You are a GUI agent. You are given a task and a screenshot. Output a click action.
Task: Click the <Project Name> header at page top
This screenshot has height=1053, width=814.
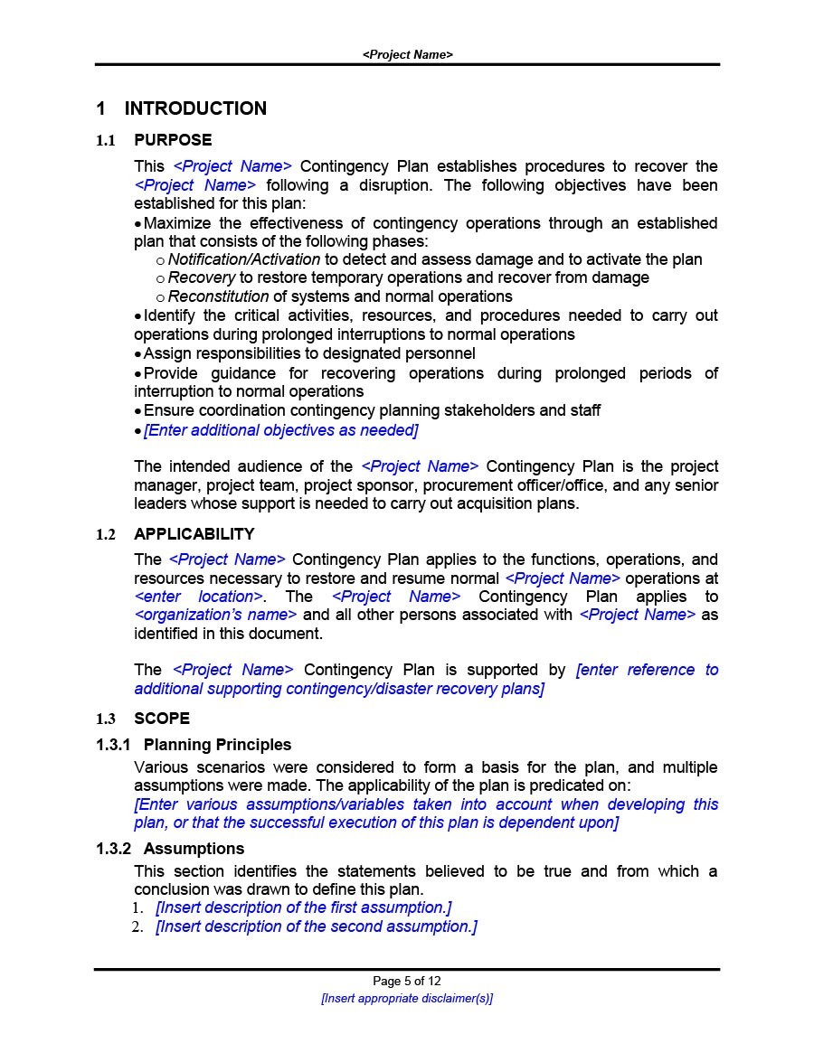click(407, 54)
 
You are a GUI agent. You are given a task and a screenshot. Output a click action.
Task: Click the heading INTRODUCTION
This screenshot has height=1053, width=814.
click(194, 108)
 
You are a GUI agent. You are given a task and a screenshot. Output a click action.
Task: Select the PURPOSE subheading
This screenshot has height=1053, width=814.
click(173, 140)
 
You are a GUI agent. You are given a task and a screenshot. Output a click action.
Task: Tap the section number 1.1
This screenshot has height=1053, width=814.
click(107, 141)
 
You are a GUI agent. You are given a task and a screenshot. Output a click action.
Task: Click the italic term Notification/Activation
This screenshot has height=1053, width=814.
click(243, 259)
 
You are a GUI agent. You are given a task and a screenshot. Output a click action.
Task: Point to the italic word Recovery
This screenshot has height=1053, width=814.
click(201, 277)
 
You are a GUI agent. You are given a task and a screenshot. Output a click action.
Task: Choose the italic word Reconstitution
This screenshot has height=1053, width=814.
click(218, 296)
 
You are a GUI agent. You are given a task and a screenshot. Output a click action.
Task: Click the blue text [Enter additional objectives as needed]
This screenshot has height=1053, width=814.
click(280, 430)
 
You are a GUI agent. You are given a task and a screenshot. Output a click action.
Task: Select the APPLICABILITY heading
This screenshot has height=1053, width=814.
click(194, 534)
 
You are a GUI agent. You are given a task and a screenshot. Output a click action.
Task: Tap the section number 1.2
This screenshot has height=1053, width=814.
click(107, 535)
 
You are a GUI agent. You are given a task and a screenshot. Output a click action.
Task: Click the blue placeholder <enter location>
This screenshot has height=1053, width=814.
click(198, 597)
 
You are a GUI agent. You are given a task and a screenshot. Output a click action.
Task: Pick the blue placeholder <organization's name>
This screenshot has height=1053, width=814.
click(215, 615)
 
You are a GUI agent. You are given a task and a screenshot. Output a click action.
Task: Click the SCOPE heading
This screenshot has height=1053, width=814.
click(162, 719)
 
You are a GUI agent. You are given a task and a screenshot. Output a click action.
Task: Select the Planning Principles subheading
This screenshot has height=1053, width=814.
click(217, 745)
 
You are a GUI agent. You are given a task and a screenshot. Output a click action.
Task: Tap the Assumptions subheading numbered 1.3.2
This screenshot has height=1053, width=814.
click(194, 849)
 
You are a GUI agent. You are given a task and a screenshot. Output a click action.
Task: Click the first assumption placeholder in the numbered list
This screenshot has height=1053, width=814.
click(303, 907)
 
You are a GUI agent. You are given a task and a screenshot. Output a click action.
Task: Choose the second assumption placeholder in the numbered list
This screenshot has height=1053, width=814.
click(316, 926)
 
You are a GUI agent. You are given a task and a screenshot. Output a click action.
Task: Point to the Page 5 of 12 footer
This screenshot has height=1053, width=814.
click(407, 981)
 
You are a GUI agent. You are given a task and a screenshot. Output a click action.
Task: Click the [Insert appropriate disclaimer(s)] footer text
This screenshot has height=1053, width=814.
click(407, 999)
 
